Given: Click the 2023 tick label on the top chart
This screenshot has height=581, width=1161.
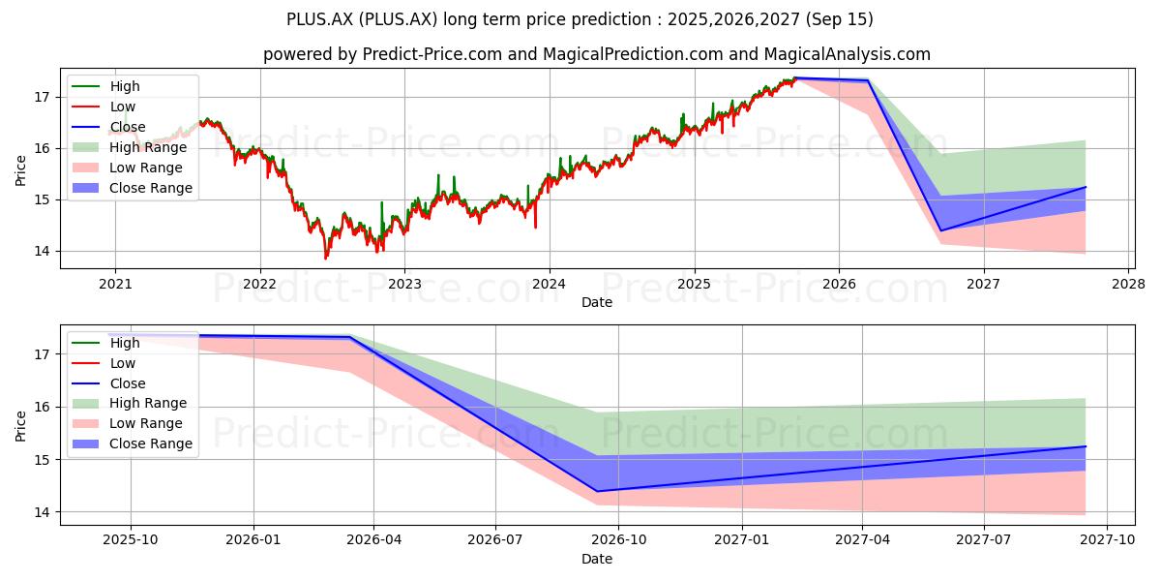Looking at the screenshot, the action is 404,285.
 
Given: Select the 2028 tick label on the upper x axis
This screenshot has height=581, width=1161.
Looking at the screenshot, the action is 1128,285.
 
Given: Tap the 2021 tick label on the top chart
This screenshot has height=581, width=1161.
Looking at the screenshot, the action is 115,285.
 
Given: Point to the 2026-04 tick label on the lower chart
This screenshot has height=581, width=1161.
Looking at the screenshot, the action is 373,540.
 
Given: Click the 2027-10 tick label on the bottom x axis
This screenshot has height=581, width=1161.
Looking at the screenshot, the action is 1107,540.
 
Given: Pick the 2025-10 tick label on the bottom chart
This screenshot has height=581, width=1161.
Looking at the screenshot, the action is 131,540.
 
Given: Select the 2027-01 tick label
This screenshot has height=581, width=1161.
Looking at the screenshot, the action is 742,540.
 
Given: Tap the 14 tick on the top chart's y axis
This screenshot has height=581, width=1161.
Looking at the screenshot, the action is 41,252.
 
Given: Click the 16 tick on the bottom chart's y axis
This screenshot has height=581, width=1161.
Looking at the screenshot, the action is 41,408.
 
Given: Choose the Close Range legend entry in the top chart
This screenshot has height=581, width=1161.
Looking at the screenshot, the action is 133,188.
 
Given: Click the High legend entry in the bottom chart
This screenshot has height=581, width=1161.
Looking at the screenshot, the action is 105,343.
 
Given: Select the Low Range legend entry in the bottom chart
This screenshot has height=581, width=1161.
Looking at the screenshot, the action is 127,423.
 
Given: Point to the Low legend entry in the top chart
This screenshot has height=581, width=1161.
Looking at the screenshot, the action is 104,107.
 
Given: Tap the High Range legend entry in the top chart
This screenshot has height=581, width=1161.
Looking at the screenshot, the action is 130,147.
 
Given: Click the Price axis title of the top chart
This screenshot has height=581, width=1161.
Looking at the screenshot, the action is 20,170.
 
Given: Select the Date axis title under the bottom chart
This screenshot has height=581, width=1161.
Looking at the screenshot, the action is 597,559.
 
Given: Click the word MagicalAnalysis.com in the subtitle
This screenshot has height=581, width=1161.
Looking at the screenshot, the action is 848,54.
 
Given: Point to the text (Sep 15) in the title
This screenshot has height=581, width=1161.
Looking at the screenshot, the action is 840,19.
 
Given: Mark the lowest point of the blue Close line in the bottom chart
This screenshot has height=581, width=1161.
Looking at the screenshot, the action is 597,491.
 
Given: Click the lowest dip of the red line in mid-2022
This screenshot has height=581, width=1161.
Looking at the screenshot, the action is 325,259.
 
